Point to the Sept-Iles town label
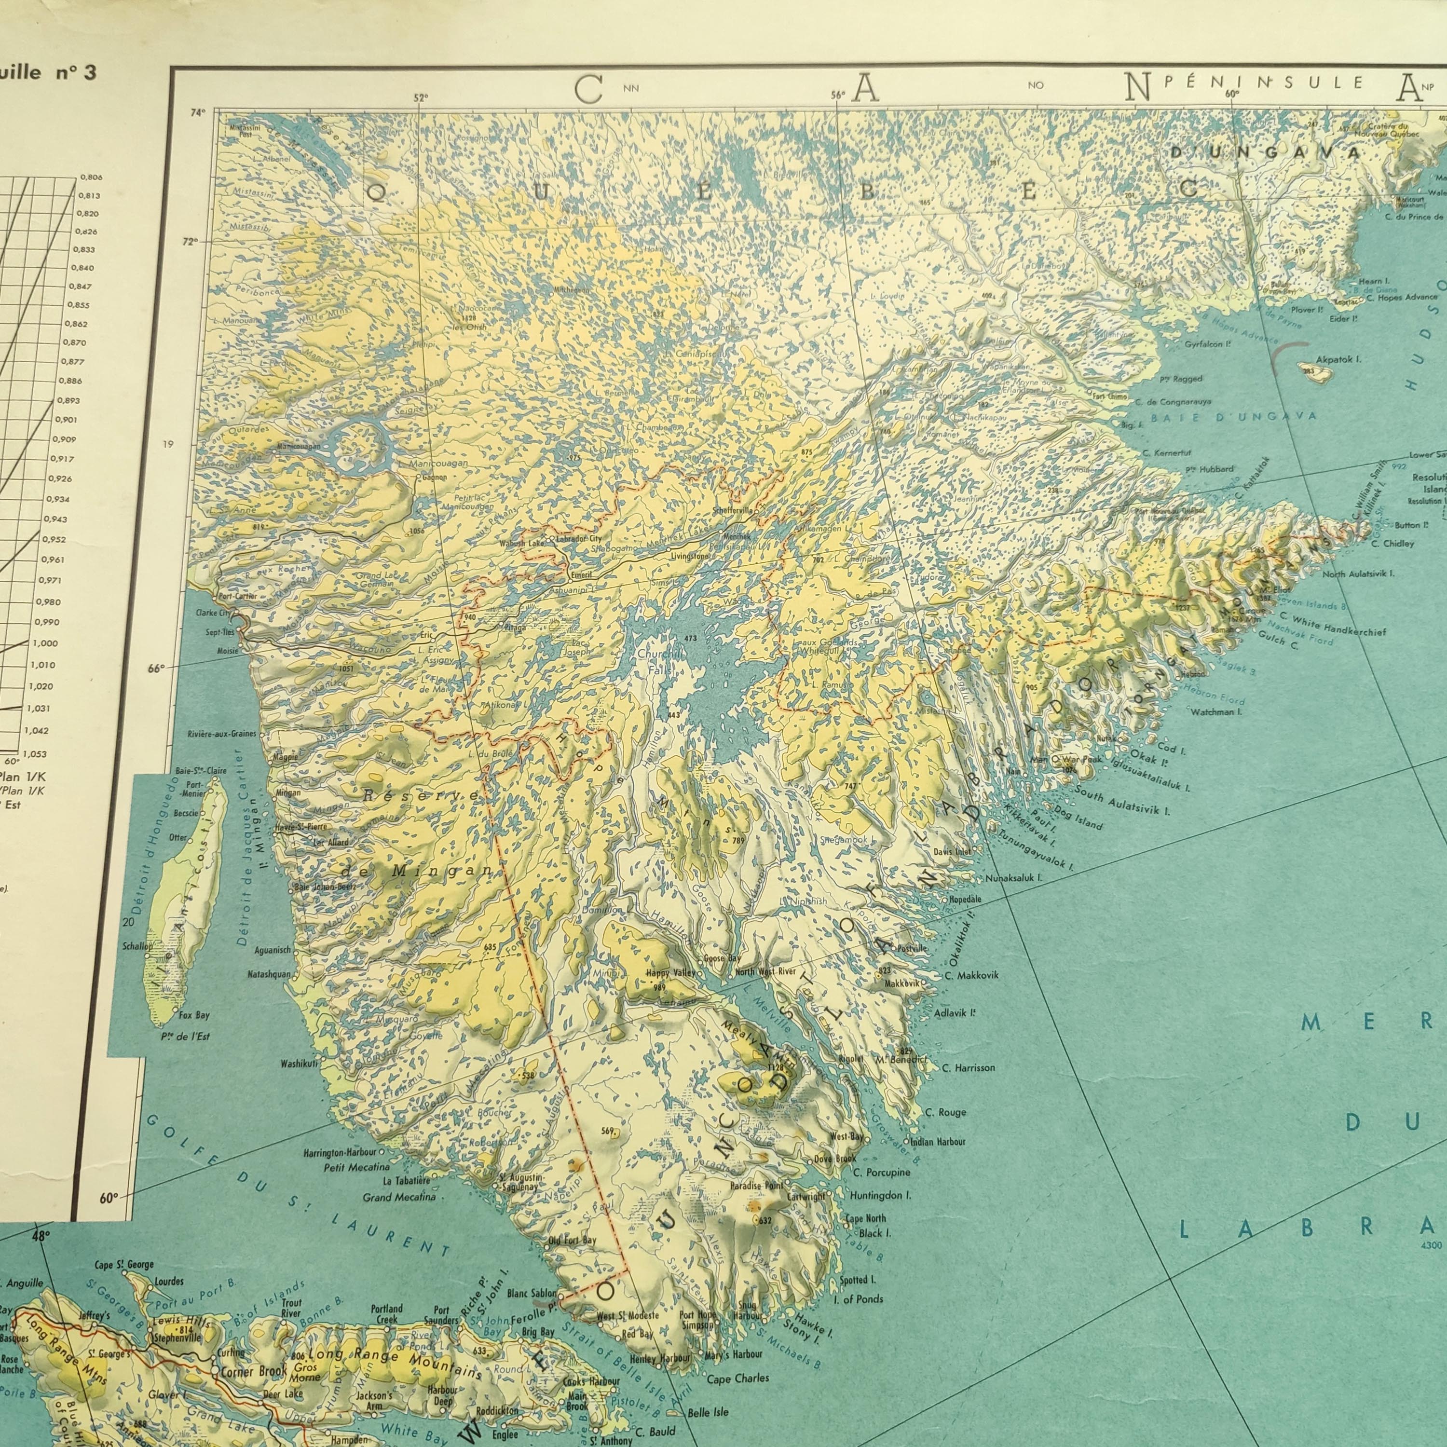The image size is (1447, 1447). click(x=221, y=632)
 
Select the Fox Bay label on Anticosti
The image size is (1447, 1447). click(x=194, y=1016)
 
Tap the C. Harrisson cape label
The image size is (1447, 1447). click(x=969, y=1067)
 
